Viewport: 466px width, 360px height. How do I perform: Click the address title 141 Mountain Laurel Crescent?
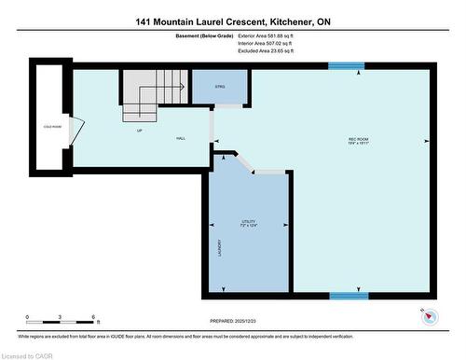[x=232, y=21]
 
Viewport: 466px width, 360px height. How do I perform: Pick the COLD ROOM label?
[x=52, y=126]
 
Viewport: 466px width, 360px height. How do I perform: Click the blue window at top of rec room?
[x=346, y=65]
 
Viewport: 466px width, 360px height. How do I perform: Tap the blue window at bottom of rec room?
[x=349, y=296]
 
